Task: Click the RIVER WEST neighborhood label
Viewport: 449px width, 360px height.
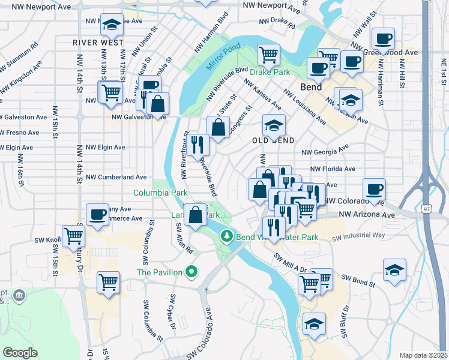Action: (x=98, y=43)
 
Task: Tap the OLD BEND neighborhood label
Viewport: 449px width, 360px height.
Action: (x=274, y=140)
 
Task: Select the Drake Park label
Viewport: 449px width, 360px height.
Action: (x=270, y=72)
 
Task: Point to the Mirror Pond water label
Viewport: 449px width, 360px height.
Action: (x=223, y=56)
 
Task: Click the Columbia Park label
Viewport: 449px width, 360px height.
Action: (x=160, y=193)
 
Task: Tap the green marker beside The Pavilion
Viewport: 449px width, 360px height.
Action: (x=191, y=272)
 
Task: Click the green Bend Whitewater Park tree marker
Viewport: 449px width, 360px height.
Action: (x=227, y=236)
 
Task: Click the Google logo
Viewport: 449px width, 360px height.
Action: (x=20, y=353)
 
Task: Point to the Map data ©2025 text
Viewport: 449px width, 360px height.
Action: (x=423, y=355)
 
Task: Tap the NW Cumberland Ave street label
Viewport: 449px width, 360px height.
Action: (x=116, y=178)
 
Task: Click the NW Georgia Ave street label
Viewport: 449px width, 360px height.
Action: (x=325, y=151)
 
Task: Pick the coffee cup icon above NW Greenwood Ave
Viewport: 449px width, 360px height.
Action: (x=383, y=38)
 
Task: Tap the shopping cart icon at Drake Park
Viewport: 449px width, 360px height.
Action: (x=268, y=55)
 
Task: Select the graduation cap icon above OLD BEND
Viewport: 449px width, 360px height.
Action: (x=274, y=125)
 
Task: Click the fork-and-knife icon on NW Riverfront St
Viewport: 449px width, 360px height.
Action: (x=197, y=144)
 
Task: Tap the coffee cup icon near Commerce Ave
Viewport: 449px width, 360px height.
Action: (x=97, y=214)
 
